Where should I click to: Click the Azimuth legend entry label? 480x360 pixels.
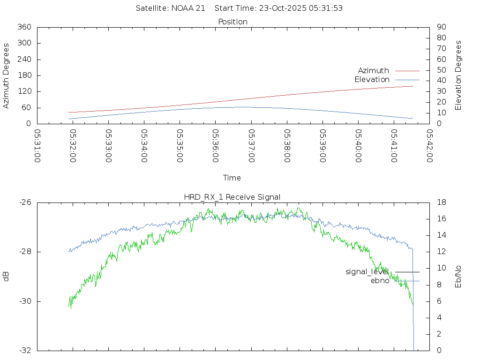[373, 71]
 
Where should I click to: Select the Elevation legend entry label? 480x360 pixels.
[372, 80]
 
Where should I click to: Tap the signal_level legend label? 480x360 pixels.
[367, 272]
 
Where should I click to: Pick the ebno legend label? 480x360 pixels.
[380, 281]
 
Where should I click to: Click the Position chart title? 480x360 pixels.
[233, 22]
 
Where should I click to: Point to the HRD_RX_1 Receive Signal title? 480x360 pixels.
[232, 197]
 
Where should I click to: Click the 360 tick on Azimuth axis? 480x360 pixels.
[23, 27]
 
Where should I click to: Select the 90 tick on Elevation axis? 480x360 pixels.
[441, 27]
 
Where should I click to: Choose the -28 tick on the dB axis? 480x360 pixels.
[25, 252]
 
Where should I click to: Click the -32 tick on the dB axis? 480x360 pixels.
[25, 351]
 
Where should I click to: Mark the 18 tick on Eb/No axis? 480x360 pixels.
[441, 202]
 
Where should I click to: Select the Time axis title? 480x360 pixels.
[232, 178]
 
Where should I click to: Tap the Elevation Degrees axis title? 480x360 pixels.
[459, 75]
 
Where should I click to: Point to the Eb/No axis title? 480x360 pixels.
[459, 277]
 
